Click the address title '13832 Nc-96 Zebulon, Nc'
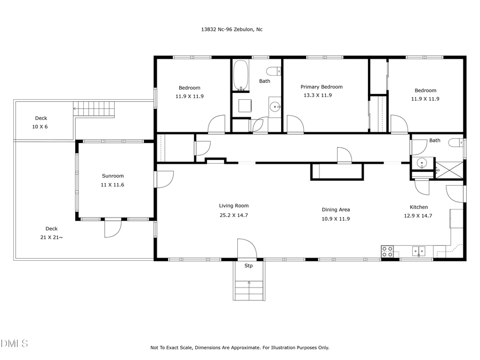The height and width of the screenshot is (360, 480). coord(228,29)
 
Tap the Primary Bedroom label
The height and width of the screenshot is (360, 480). coord(321,87)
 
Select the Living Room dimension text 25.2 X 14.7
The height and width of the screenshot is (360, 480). coord(234,215)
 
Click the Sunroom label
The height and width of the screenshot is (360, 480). coord(113,175)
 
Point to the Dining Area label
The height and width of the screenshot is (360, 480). coord(335,210)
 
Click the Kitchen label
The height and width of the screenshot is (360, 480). coord(419,207)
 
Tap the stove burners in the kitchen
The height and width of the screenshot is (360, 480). coord(388,251)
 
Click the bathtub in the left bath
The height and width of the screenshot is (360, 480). coord(240,75)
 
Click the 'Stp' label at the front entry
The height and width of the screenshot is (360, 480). coord(249,266)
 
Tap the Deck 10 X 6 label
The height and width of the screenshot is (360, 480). coord(41,122)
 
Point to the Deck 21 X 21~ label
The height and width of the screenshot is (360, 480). coord(51,233)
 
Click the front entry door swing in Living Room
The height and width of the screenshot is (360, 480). coord(246,249)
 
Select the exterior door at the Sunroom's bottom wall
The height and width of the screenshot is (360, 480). coord(113,228)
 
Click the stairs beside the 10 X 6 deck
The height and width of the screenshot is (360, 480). coord(94,109)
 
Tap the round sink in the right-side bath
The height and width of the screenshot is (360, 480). coord(422,163)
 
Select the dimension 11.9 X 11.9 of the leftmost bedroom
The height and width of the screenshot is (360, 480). coord(189,97)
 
